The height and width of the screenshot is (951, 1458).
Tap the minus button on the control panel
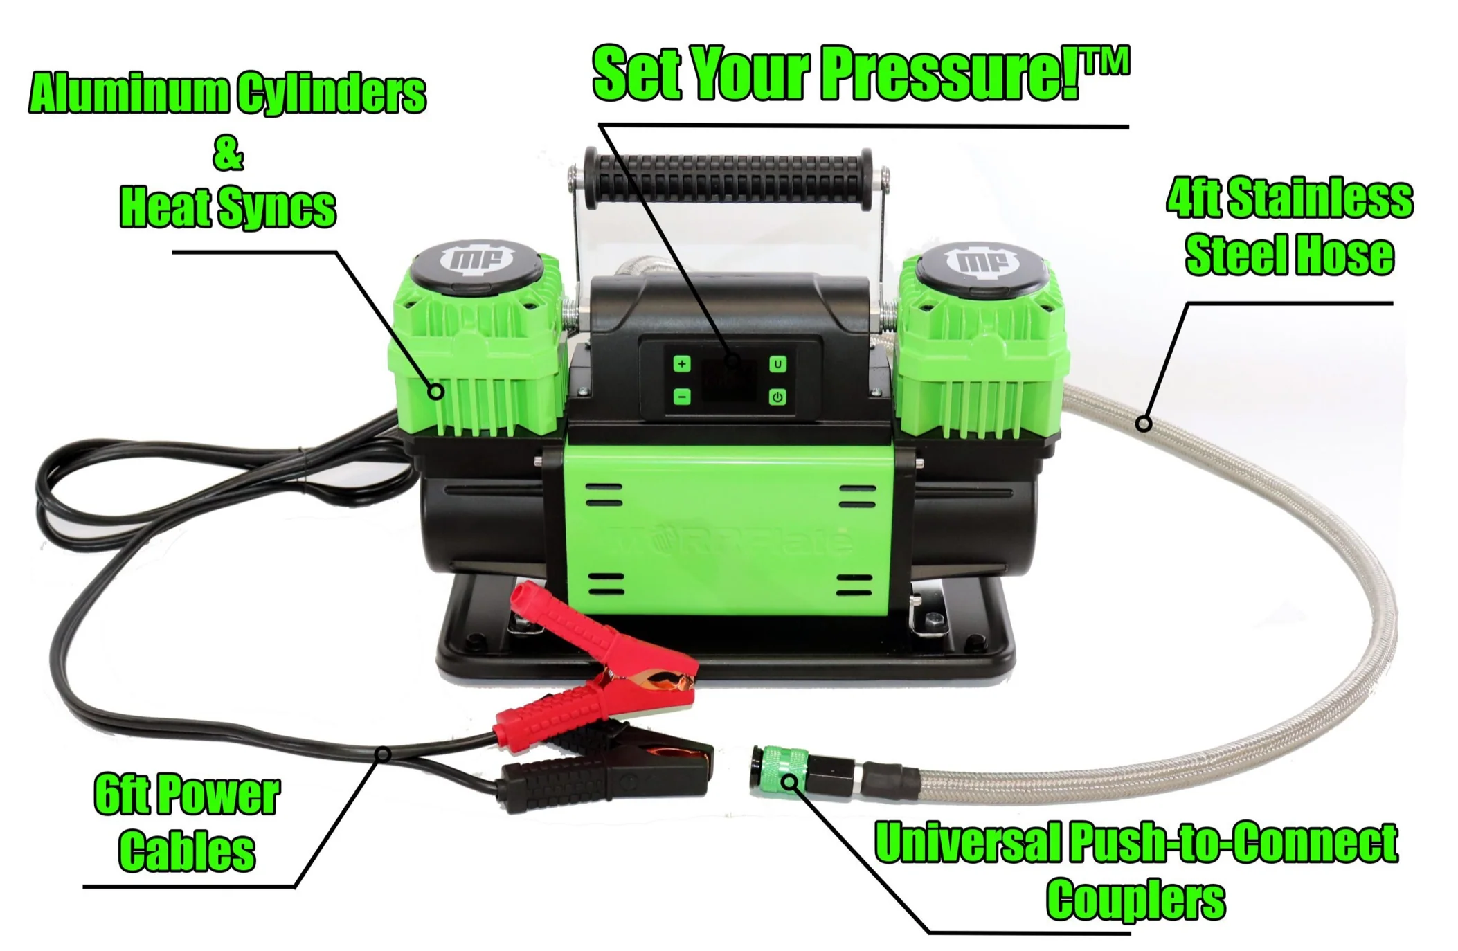[681, 397]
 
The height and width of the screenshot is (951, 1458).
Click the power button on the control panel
[777, 397]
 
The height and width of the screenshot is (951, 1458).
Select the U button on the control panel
[777, 364]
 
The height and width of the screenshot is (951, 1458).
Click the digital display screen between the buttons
[729, 381]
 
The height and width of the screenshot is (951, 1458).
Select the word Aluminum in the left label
[128, 93]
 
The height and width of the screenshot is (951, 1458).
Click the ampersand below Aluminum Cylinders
[228, 154]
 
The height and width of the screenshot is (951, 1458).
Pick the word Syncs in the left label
[276, 208]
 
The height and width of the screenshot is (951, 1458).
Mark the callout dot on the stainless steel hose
[1144, 423]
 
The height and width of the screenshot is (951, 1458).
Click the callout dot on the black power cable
[382, 754]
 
